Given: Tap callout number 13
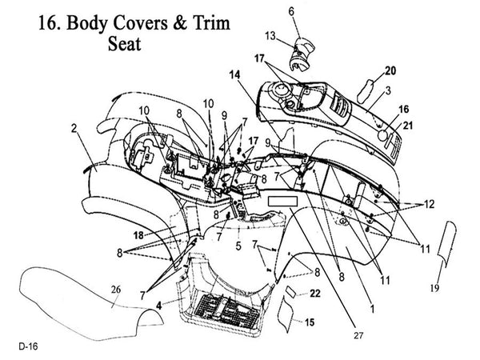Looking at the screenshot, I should point(271,36).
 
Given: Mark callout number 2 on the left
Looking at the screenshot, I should point(73,128).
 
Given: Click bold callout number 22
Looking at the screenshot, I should point(316,294).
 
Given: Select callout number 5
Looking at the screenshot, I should point(238,246).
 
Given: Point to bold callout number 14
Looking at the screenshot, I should point(234,74).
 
